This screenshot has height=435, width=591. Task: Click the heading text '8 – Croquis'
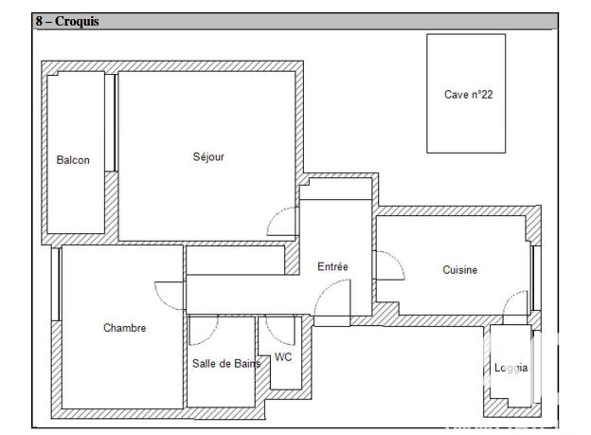pos(67,22)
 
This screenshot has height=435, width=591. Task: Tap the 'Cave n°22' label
pos(468,94)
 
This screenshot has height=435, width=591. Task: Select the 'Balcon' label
pos(73,160)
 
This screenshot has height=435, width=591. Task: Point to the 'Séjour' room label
pos(208,157)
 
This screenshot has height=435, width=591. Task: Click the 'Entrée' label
pos(332,267)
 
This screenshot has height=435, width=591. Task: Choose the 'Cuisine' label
pos(460,270)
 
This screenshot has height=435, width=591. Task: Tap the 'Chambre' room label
pos(124,328)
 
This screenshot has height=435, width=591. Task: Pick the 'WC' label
pos(283,357)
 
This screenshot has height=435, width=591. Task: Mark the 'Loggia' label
pos(511,368)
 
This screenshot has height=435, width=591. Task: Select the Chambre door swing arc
pos(169,296)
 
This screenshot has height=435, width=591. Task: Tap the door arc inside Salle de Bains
pos(204,330)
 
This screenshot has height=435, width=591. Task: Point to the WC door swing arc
pos(281,329)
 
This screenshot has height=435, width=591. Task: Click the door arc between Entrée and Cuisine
pos(388,264)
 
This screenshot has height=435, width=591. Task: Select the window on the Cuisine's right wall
pos(535,277)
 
